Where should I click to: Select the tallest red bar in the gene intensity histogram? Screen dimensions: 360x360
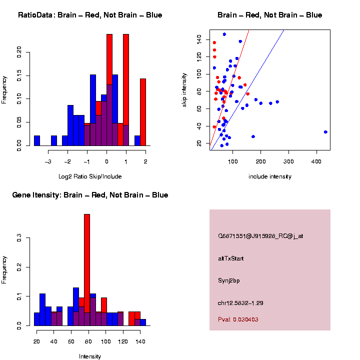point(87,269)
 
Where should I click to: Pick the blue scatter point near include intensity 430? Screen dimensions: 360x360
point(325,132)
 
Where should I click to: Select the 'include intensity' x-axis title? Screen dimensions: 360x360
point(270,176)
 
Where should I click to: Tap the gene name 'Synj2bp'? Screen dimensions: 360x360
point(229,280)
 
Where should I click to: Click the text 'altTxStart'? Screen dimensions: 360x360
point(231,258)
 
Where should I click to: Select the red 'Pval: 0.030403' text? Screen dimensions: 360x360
point(238,319)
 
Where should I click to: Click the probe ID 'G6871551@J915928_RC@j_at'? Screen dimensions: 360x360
point(260,236)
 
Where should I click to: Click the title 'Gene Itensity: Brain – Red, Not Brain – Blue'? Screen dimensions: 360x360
point(90,195)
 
